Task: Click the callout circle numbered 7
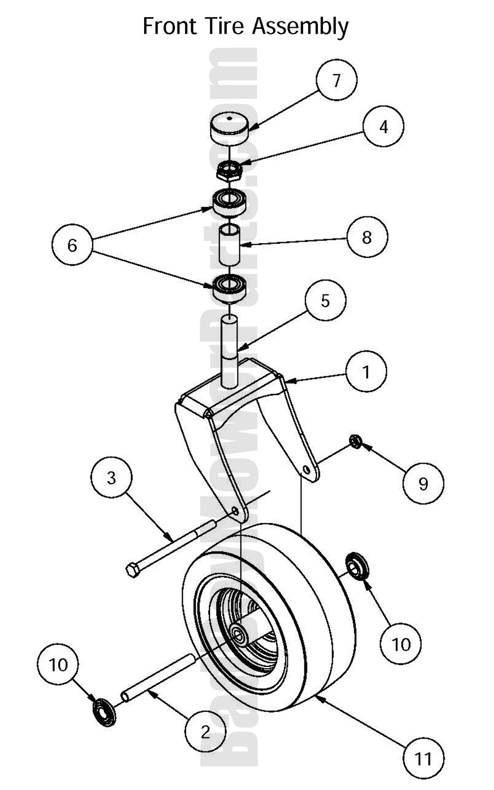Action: [x=337, y=80]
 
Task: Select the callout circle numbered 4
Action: [x=384, y=126]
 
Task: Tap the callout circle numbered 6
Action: [x=72, y=245]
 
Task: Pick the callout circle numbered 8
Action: [x=367, y=237]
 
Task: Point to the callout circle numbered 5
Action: [x=326, y=301]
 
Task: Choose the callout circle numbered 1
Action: [x=366, y=372]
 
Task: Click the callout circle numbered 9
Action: [x=423, y=483]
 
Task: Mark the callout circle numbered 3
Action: [x=111, y=477]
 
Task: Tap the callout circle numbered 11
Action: [x=423, y=758]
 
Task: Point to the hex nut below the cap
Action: [x=230, y=172]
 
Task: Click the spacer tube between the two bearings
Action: [x=230, y=246]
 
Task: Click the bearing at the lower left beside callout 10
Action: [x=104, y=711]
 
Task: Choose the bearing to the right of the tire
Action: [x=357, y=566]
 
